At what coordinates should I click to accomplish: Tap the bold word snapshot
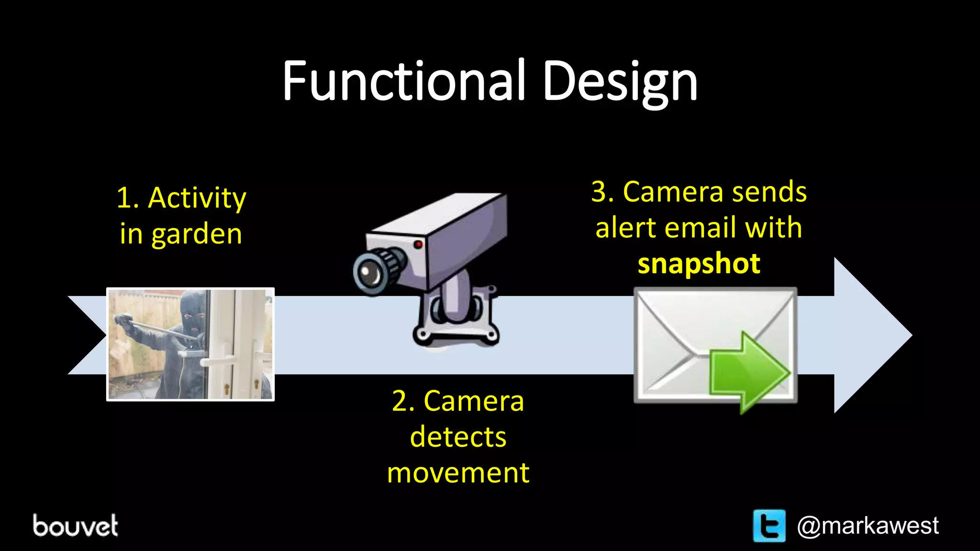click(699, 264)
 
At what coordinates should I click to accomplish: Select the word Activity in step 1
click(197, 198)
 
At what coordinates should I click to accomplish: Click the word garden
click(197, 234)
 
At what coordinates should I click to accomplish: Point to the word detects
click(458, 437)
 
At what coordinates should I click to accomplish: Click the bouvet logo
click(75, 526)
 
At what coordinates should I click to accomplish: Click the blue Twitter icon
click(769, 526)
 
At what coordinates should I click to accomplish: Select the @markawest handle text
click(868, 526)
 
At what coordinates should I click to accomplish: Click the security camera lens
click(369, 274)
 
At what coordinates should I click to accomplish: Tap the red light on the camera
click(418, 244)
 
